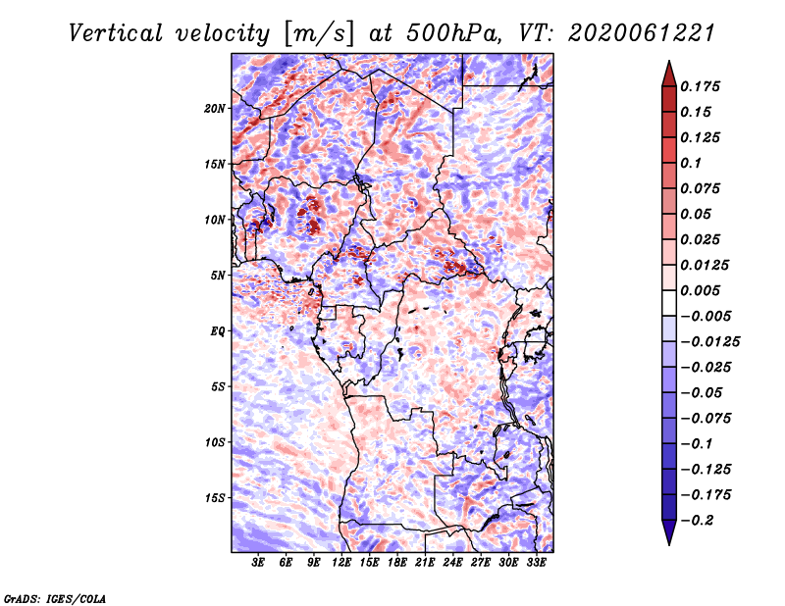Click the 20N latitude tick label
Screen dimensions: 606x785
(216, 108)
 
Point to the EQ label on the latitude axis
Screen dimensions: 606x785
(218, 330)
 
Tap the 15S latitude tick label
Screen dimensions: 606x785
(216, 498)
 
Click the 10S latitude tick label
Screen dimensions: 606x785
(216, 442)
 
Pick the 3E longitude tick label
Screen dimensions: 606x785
(259, 563)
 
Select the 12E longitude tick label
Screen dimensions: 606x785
(342, 563)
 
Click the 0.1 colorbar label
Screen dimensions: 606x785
(692, 163)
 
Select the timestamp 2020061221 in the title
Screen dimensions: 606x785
(628, 32)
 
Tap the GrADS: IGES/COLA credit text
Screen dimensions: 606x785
(55, 597)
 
